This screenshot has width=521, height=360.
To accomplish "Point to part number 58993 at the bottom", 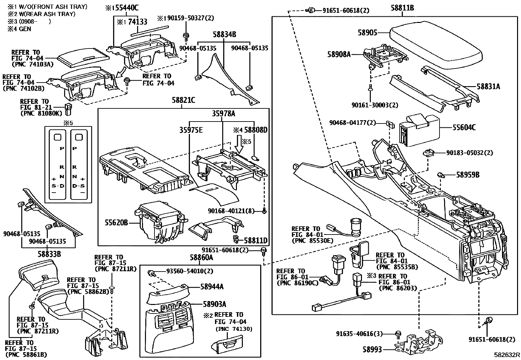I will click(372, 350).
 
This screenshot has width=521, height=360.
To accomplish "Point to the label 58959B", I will click(468, 175).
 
